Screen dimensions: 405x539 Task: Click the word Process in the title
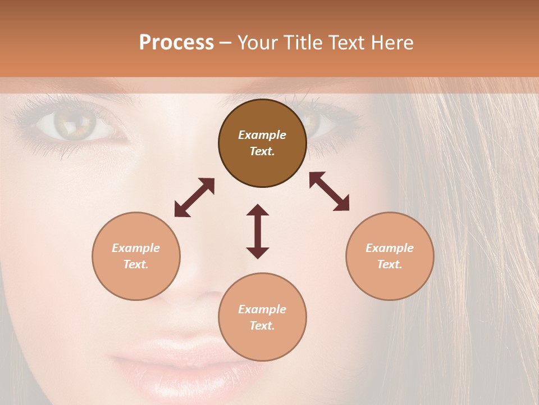coord(176,43)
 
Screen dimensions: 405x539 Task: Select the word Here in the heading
coord(393,43)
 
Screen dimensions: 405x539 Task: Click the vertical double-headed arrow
coord(258,231)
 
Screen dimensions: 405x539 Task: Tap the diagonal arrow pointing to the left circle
coord(194,197)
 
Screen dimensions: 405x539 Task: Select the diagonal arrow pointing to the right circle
coord(329,191)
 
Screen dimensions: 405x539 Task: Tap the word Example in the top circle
coord(262,135)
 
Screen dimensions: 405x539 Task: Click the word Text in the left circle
coord(136,264)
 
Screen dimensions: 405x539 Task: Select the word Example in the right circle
coord(390,248)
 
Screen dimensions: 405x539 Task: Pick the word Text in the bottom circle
coord(262,326)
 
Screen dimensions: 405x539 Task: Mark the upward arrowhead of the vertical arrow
coord(258,210)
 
